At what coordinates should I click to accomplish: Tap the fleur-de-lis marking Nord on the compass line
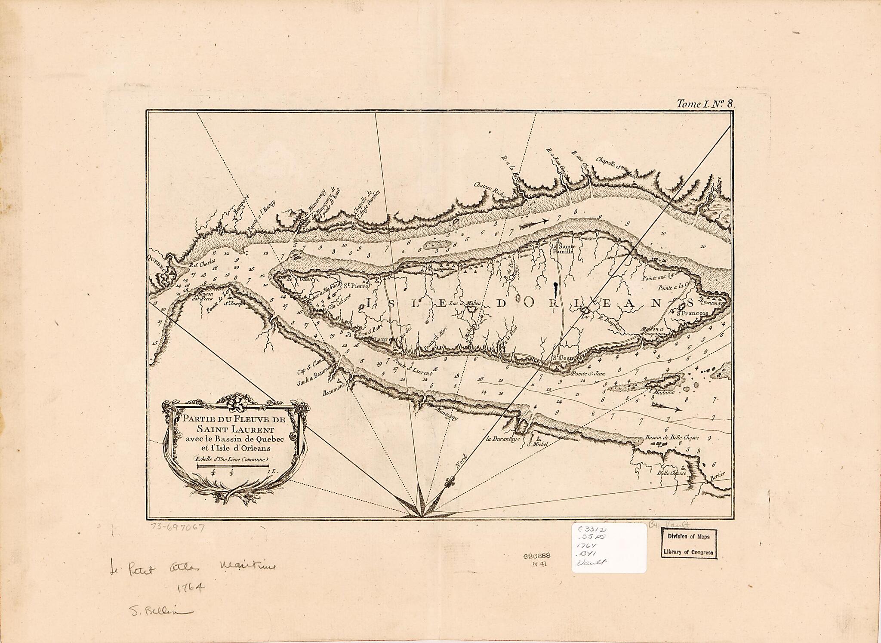click(x=450, y=480)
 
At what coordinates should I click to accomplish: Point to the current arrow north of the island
click(x=533, y=223)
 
